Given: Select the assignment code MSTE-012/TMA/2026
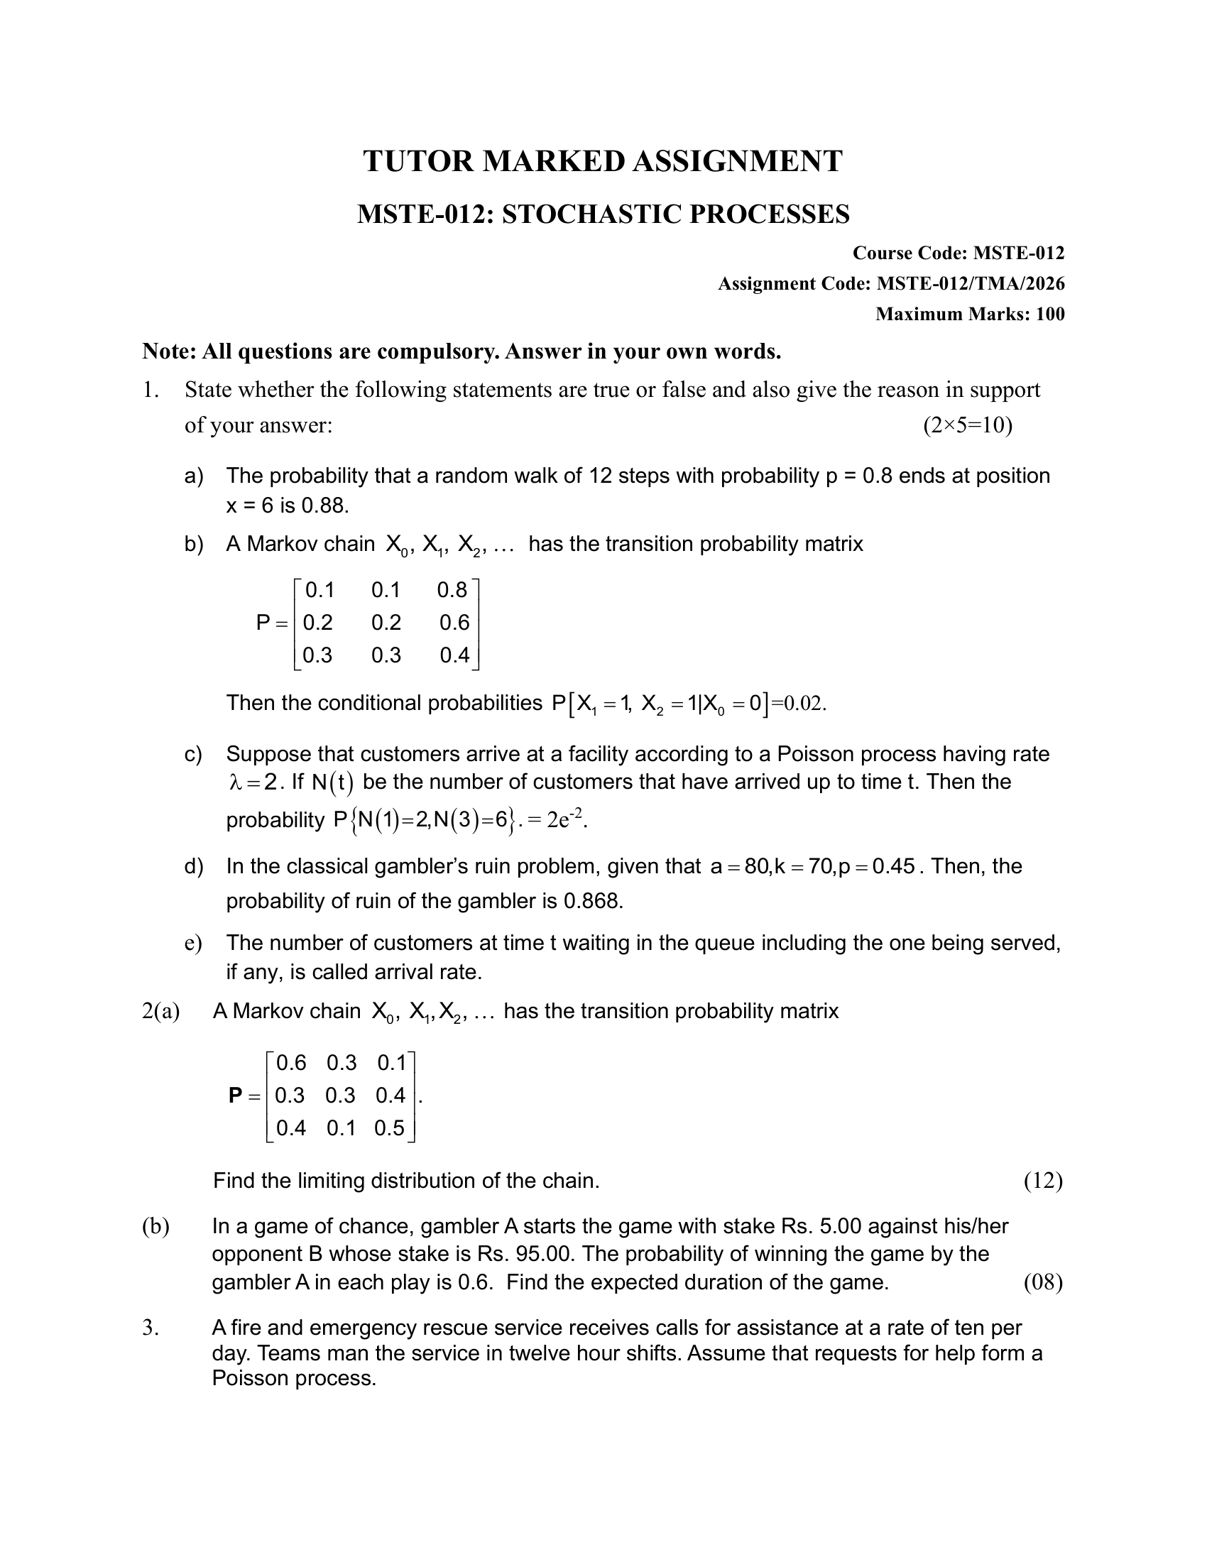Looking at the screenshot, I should coord(971,284).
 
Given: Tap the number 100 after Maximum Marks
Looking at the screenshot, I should coord(1049,314).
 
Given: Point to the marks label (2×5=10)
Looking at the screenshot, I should coord(968,425).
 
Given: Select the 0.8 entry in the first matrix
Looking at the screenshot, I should coord(452,590).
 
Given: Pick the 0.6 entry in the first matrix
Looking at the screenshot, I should coord(454,622).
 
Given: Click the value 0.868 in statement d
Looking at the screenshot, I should coord(593,900).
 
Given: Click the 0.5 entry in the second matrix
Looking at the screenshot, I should coord(389,1128).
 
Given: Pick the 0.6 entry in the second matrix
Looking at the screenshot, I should coord(291,1063).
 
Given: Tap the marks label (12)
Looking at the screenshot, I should coord(1042,1180).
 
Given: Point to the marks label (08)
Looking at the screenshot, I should coord(1042,1282).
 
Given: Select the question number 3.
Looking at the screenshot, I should coord(149,1328).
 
